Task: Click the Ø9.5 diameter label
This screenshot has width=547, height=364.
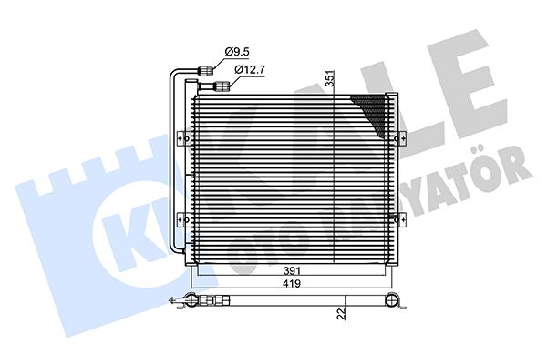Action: (x=237, y=52)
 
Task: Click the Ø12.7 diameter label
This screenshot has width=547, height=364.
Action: (x=250, y=70)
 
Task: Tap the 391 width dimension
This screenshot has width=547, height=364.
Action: (x=292, y=270)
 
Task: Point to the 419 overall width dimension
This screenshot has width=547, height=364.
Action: (x=292, y=284)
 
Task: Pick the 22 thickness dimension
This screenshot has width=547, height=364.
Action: (x=342, y=313)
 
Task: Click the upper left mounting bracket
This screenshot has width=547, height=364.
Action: (x=183, y=139)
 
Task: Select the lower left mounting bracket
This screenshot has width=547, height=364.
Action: (x=183, y=220)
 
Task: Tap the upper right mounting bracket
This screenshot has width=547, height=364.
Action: (x=400, y=139)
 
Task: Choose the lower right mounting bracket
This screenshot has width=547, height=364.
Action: (x=400, y=220)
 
